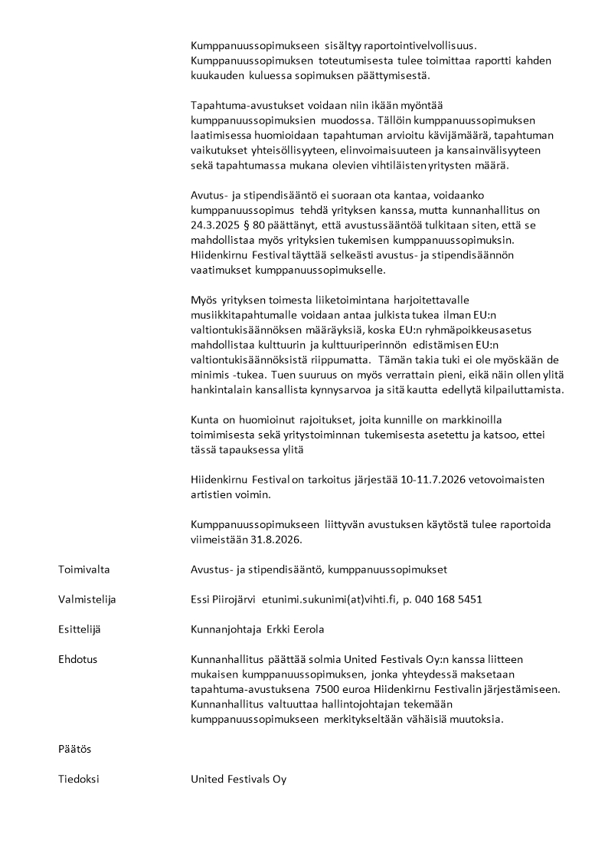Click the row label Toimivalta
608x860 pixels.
point(83,570)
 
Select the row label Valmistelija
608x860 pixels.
point(87,599)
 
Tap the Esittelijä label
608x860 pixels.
point(80,629)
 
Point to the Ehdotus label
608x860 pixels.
point(77,659)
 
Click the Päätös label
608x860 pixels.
point(74,749)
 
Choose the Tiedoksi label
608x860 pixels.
point(79,779)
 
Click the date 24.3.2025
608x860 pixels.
point(215,225)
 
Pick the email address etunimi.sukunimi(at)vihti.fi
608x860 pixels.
point(332,599)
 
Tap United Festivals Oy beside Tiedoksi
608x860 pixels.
point(238,779)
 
